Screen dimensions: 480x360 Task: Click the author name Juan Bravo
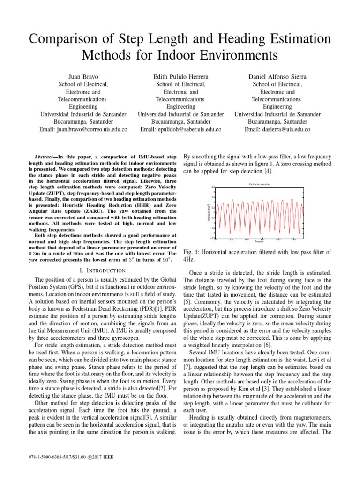[83, 76]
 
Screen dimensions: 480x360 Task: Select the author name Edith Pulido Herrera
[180, 76]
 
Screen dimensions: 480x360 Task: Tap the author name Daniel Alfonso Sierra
[277, 76]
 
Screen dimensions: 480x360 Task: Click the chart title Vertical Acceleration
[259, 185]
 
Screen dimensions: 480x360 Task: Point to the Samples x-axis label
[259, 242]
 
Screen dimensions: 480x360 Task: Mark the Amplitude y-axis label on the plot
[209, 212]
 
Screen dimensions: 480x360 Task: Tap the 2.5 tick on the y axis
[212, 187]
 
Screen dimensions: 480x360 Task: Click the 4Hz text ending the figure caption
[190, 259]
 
